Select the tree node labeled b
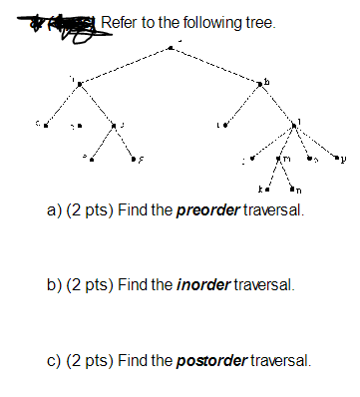[x=260, y=86]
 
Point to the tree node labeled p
[x=336, y=157]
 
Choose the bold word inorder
[x=202, y=285]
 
